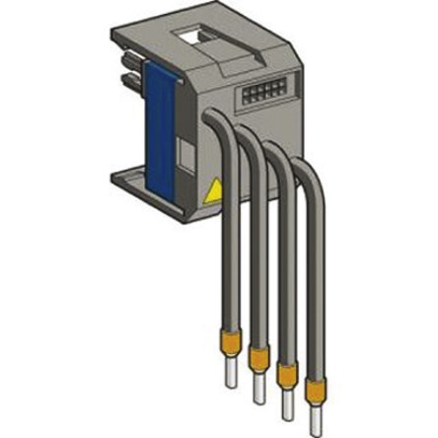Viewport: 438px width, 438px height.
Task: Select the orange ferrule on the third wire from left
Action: coord(291,376)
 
